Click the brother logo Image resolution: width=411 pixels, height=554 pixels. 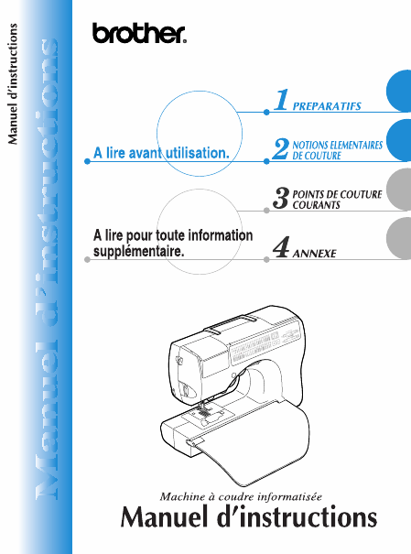[139, 33]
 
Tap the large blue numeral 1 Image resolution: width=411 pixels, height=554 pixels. [282, 100]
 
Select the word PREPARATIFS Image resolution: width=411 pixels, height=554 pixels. [327, 106]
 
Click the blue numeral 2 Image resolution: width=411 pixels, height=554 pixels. [281, 148]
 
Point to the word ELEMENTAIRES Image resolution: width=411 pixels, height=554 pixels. [355, 146]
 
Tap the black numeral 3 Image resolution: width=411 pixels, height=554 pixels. [281, 198]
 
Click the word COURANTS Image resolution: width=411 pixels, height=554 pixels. [317, 205]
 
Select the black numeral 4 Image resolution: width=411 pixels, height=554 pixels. [281, 247]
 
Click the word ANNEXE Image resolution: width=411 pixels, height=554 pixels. [314, 254]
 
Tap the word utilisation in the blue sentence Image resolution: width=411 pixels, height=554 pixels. [198, 153]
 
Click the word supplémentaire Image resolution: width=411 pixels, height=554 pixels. [139, 252]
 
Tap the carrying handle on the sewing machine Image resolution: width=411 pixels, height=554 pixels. [232, 323]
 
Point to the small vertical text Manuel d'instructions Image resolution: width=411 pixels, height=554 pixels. [13, 83]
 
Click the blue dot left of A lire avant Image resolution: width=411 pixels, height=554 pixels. [87, 161]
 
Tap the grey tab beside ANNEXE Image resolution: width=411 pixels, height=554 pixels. [398, 238]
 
